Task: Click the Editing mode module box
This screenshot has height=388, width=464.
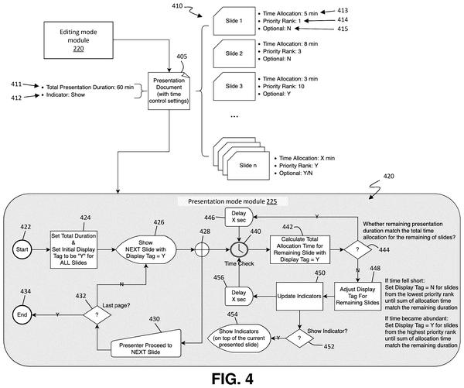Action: pyautogui.click(x=78, y=40)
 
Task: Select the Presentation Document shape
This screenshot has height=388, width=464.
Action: pyautogui.click(x=169, y=91)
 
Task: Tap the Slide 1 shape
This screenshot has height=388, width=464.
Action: pyautogui.click(x=234, y=21)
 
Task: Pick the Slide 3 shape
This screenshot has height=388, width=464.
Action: pyautogui.click(x=234, y=86)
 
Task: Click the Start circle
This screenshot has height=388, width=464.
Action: pyautogui.click(x=22, y=249)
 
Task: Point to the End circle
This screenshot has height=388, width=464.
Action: pyautogui.click(x=22, y=314)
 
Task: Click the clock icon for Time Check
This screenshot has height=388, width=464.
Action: pyautogui.click(x=239, y=249)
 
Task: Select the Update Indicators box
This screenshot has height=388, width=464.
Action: pyautogui.click(x=299, y=296)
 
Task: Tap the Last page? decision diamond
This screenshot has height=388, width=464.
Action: pyautogui.click(x=97, y=314)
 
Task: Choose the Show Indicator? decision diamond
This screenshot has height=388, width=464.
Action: pyautogui.click(x=299, y=338)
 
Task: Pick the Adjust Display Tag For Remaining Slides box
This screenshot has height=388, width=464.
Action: pyautogui.click(x=358, y=296)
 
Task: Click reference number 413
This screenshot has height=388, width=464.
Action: pyautogui.click(x=343, y=10)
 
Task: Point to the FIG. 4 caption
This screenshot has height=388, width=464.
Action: pyautogui.click(x=232, y=379)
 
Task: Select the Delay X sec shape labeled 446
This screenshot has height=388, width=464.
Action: pyautogui.click(x=239, y=217)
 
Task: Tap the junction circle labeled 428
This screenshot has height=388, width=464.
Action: pyautogui.click(x=202, y=249)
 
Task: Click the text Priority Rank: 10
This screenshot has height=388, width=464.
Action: pyautogui.click(x=284, y=86)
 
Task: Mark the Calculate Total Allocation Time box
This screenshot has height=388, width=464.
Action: pyautogui.click(x=300, y=249)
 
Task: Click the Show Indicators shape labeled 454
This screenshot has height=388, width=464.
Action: pyautogui.click(x=239, y=338)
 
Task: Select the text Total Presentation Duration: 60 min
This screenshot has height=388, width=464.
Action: pyautogui.click(x=90, y=88)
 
